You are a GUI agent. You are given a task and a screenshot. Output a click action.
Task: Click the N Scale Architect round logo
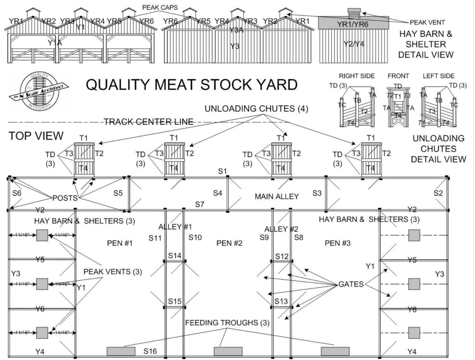pos(39,91)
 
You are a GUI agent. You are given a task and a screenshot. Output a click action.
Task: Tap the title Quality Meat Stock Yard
pos(192,85)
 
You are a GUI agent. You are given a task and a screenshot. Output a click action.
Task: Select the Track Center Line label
pos(149,122)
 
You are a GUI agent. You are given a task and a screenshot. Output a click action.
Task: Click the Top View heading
pos(36,136)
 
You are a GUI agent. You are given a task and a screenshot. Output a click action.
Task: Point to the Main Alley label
pos(277,196)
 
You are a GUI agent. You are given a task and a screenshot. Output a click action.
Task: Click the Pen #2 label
pos(229,243)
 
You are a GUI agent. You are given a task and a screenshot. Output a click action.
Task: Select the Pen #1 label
pos(120,243)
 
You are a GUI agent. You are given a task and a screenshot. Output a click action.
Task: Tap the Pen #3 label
pos(338,243)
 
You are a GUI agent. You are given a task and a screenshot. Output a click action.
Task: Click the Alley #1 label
pos(175,227)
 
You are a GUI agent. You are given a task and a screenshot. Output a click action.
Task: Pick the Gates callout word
pos(351,284)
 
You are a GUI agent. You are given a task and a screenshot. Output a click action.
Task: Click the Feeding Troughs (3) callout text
pos(227,323)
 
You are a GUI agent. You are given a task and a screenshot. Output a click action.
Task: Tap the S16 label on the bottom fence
pos(150,351)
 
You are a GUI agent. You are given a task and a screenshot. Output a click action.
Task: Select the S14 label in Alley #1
pos(174,256)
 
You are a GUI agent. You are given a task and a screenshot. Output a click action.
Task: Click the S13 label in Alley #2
pos(281,301)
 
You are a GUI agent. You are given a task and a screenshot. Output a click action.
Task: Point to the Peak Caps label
pos(160,7)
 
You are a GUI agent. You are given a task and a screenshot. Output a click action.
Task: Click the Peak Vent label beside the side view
pos(427,22)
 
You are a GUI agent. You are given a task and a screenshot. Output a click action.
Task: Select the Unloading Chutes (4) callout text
pos(256,109)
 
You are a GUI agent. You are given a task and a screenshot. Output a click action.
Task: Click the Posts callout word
pos(65,198)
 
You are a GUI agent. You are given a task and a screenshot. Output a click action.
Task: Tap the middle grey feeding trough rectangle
pos(228,351)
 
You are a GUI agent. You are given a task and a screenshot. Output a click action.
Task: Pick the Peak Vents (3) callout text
pos(112,272)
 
